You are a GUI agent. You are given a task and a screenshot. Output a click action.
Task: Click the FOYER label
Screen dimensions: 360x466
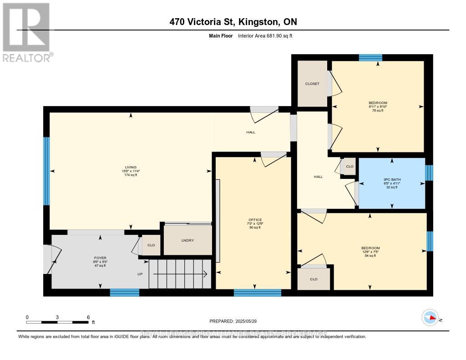100,258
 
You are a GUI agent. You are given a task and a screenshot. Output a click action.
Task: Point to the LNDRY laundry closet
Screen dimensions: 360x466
187,240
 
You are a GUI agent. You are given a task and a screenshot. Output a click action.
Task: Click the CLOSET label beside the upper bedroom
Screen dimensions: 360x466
312,84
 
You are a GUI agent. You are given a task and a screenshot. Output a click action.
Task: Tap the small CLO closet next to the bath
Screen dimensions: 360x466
349,167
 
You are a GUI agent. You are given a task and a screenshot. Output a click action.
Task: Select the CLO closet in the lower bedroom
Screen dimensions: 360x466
314,279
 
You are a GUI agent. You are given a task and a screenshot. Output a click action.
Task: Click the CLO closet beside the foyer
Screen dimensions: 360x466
151,245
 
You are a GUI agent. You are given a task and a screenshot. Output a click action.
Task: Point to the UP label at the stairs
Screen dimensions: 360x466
141,274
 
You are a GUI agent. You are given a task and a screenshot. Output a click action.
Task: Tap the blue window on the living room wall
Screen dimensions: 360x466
46,171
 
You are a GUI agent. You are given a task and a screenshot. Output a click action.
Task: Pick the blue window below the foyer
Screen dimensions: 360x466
124,293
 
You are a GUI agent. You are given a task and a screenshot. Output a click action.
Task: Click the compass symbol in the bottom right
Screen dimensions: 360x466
430,317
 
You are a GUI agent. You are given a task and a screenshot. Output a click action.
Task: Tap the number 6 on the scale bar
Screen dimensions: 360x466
88,317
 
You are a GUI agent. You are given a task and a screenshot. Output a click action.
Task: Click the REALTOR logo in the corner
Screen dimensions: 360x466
26,32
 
